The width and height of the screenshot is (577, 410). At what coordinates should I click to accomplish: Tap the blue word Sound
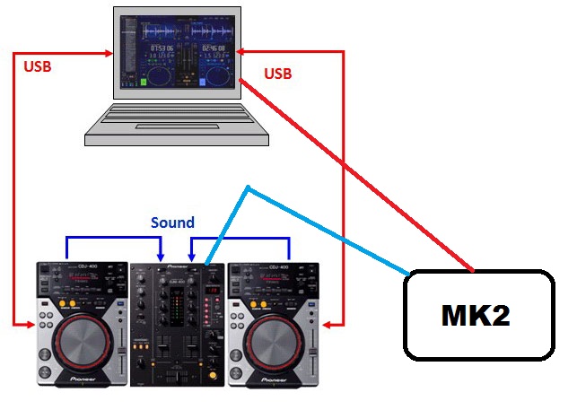click(172, 222)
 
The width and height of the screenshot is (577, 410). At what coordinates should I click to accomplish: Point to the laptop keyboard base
click(177, 124)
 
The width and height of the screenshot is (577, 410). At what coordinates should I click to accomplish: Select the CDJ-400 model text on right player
click(275, 267)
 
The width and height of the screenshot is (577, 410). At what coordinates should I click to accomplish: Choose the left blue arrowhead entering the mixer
click(159, 257)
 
